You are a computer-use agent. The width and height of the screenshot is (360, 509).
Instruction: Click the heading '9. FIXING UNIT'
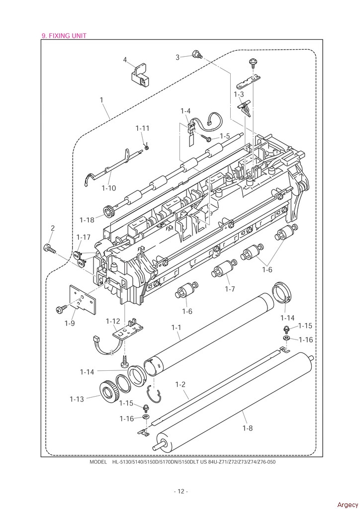coord(64,36)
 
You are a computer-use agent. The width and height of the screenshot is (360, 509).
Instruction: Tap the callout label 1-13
coord(77,399)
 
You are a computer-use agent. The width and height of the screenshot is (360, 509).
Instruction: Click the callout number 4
coord(125,60)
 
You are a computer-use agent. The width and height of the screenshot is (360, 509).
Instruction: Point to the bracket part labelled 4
coord(139,76)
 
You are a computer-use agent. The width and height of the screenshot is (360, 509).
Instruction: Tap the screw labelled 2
coord(49,249)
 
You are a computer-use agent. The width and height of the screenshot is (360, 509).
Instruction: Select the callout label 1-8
coord(247,428)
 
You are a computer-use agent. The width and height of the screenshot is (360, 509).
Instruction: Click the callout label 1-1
coord(176,328)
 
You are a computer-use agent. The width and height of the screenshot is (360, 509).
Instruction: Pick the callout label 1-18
coord(87,220)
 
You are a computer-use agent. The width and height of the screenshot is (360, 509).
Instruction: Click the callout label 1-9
coord(70,323)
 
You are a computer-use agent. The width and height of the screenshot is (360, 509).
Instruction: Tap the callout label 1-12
coord(113,321)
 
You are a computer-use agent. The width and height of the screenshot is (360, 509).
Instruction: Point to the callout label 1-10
coord(109,188)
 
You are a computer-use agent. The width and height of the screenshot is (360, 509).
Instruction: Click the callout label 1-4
coord(185,111)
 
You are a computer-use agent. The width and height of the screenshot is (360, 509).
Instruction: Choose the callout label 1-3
coord(239,94)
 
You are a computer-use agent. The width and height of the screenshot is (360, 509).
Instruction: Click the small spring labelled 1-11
coord(146,147)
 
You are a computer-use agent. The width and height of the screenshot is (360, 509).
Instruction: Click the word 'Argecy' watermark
coord(348,505)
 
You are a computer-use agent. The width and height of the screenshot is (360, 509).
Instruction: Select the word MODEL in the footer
coord(98,462)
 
